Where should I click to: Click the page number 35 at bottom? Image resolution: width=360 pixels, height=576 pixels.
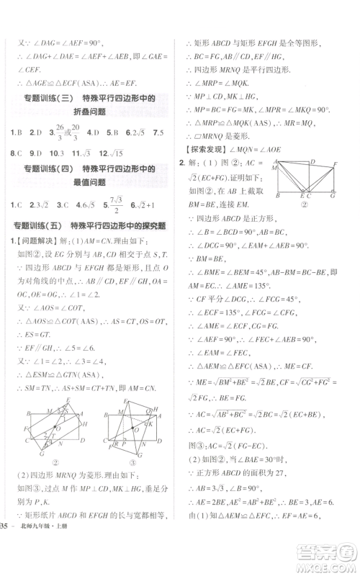[6, 561]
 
